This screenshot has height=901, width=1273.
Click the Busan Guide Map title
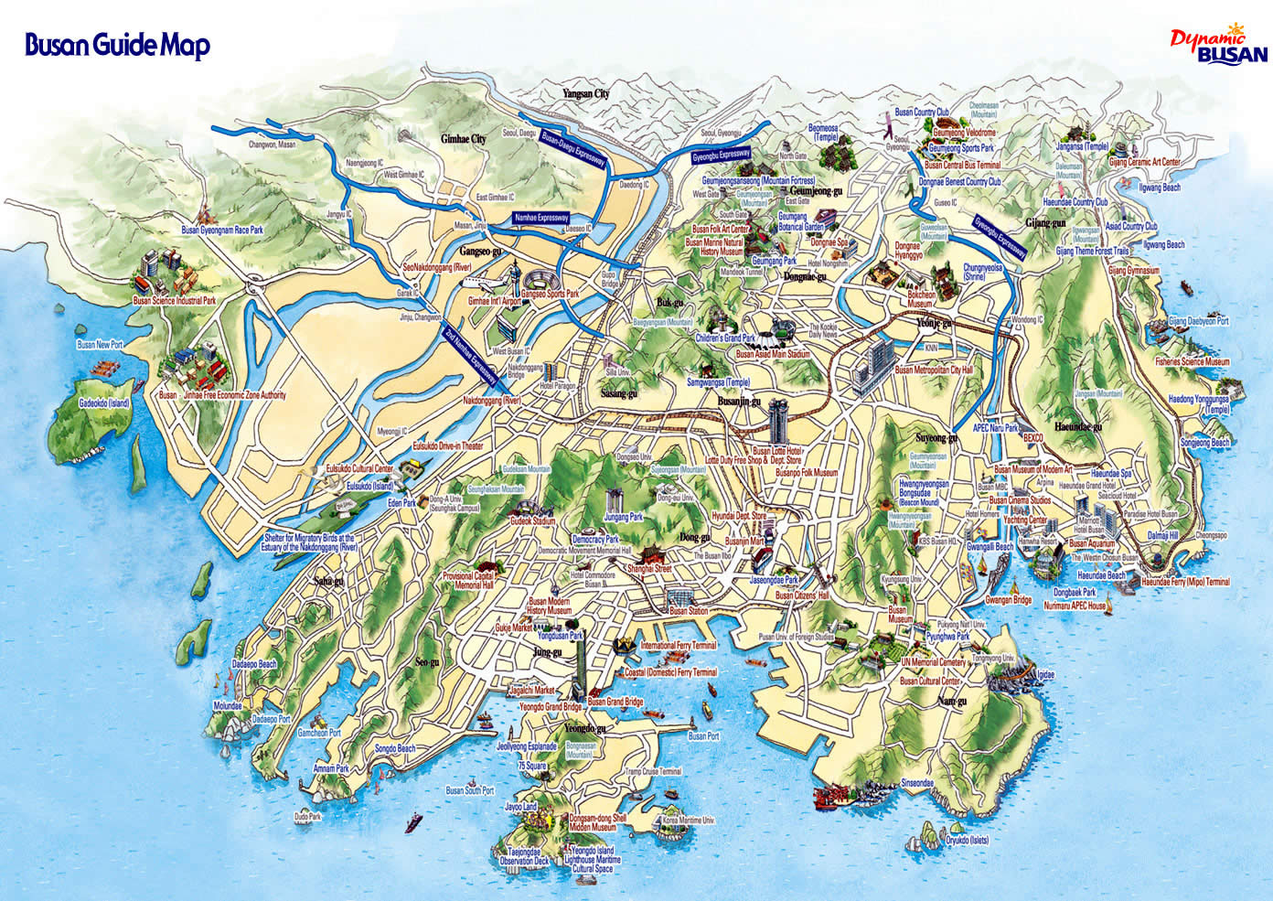pos(117,45)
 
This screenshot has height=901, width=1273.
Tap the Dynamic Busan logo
pos(1220,46)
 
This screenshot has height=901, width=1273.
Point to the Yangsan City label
pos(586,93)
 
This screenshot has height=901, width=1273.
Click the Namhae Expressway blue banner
pos(540,218)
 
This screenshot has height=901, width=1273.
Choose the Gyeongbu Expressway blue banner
pos(721,156)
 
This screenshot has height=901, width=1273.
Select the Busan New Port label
pos(100,345)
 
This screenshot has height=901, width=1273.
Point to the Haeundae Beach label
pos(1101,575)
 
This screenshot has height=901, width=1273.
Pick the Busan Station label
pos(689,610)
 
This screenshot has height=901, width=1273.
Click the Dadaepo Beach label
pos(254,664)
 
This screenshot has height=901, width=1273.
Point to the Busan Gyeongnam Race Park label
pos(222,231)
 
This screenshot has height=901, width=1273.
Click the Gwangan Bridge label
pos(1009,601)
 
